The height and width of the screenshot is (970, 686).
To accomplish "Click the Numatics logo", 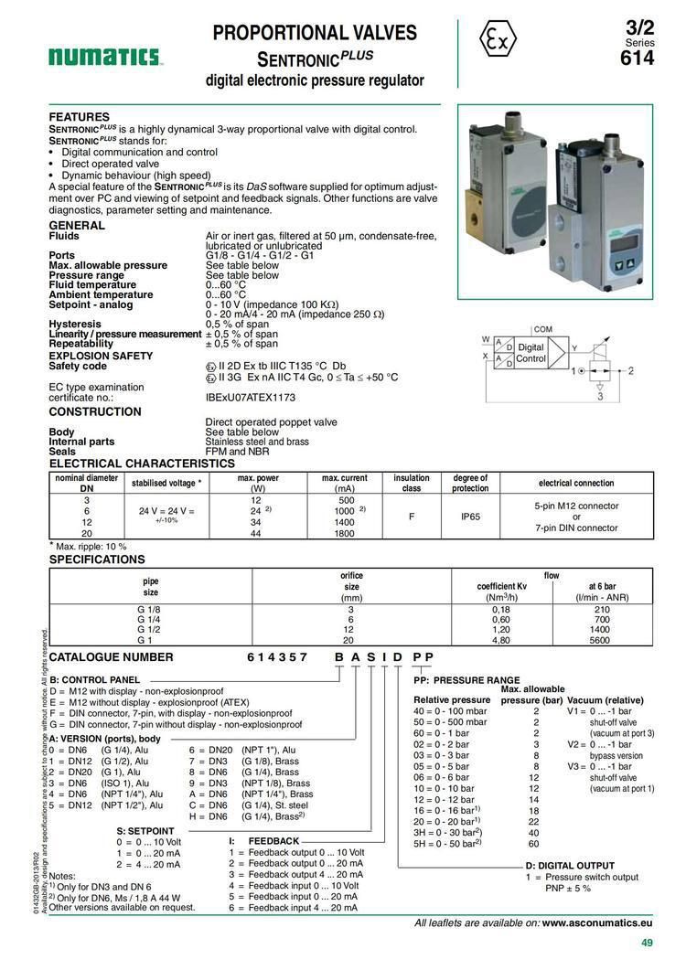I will [x=105, y=58].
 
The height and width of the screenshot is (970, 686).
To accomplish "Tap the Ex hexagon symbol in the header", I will [x=498, y=39].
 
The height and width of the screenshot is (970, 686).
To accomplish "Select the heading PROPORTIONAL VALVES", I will [x=315, y=34].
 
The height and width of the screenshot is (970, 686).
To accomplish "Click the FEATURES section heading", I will [x=79, y=117].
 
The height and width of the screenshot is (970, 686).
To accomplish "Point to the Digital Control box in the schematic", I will [x=531, y=353].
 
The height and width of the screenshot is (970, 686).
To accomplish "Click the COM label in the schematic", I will [x=542, y=329].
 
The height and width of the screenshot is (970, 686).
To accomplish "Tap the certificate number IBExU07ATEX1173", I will [x=251, y=398].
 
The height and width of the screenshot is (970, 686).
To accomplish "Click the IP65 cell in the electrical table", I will [x=471, y=517].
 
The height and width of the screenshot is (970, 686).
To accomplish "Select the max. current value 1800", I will [x=345, y=534].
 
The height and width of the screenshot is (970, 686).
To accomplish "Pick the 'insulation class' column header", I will [x=412, y=482].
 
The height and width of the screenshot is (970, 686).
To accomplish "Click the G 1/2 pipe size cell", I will [x=150, y=630].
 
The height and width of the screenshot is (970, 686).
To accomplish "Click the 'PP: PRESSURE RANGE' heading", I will [x=466, y=680].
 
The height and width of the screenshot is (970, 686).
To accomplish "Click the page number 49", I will [x=646, y=944].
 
